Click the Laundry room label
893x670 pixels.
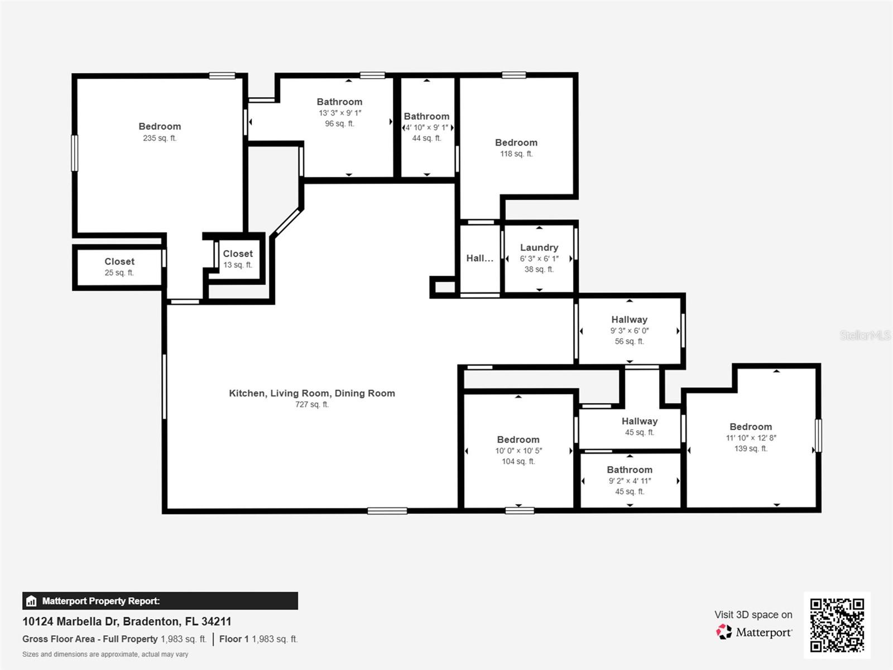click(x=539, y=247)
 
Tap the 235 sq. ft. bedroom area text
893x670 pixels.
click(x=160, y=138)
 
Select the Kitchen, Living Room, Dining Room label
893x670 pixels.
click(x=311, y=393)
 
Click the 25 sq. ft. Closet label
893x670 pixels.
click(x=119, y=261)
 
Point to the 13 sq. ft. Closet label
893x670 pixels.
click(x=238, y=253)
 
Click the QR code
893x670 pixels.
click(x=837, y=625)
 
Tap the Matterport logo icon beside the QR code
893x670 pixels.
click(x=724, y=632)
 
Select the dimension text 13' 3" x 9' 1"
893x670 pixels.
click(x=339, y=113)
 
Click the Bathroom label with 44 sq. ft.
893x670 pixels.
click(x=426, y=116)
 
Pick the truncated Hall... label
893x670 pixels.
click(x=479, y=258)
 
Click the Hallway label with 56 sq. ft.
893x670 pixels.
click(x=629, y=319)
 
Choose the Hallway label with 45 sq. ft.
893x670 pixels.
click(x=639, y=421)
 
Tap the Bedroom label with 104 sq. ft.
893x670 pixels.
click(x=518, y=439)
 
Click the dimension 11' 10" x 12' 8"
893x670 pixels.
click(x=751, y=438)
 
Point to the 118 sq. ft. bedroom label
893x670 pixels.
click(x=516, y=142)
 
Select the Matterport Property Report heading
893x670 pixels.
click(x=100, y=601)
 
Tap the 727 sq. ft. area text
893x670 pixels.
click(x=311, y=404)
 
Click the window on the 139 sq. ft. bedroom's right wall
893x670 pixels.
click(x=818, y=435)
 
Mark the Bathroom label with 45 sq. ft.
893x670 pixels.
click(x=629, y=470)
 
